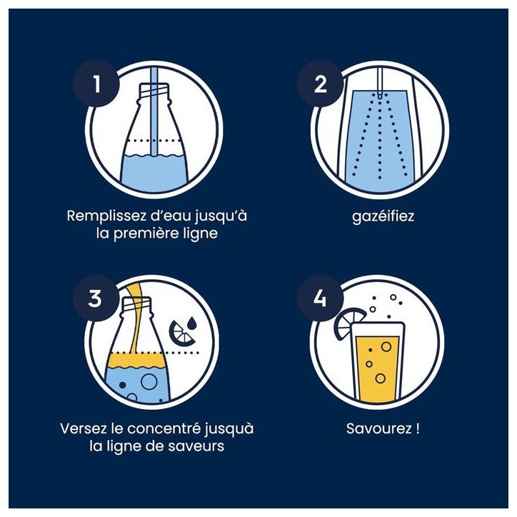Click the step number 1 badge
(96, 84)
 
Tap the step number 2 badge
(321, 84)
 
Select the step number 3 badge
(95, 298)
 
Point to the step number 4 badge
(320, 298)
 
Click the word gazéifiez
(383, 216)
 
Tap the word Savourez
(379, 428)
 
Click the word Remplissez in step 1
(106, 216)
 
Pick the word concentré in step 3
(164, 428)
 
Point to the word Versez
(84, 428)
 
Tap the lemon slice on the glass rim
(348, 323)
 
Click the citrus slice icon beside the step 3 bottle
(181, 333)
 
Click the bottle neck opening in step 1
(155, 89)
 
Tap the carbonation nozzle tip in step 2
(380, 96)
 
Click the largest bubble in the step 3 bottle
(149, 381)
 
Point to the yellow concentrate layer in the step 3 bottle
(136, 360)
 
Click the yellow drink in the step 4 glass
(379, 368)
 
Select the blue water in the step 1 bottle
(154, 173)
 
